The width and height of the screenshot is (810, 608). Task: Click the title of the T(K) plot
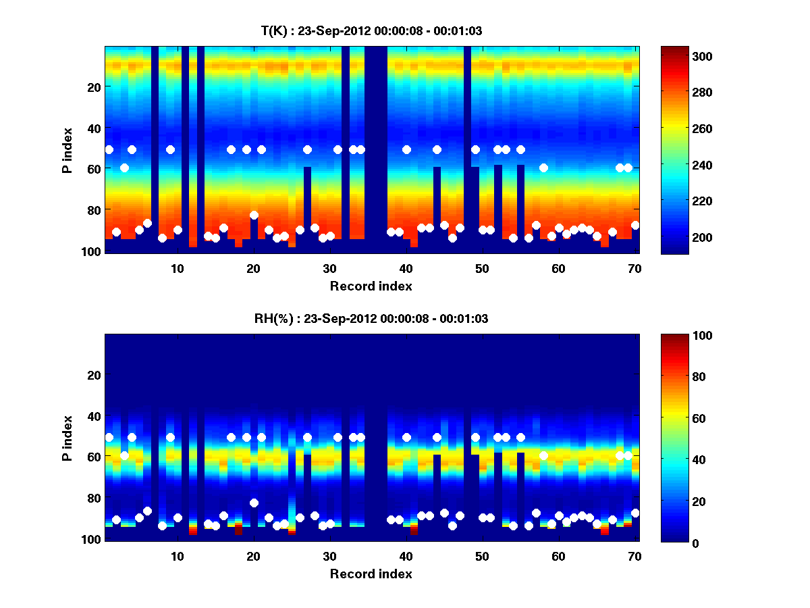click(371, 30)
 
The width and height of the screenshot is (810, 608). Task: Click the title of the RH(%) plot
click(371, 318)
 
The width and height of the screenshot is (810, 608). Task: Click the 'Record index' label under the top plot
click(371, 286)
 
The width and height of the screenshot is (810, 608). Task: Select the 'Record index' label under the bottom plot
click(371, 574)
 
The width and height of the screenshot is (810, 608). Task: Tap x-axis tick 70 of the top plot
click(634, 268)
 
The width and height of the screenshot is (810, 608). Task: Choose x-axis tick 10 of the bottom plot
click(177, 556)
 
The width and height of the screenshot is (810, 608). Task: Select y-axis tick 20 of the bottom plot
click(94, 375)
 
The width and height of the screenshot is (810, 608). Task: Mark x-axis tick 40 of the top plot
click(406, 268)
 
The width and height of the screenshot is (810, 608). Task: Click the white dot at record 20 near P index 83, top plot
click(254, 215)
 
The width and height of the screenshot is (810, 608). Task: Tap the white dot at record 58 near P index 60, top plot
click(543, 168)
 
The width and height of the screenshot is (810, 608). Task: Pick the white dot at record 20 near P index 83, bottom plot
click(254, 503)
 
